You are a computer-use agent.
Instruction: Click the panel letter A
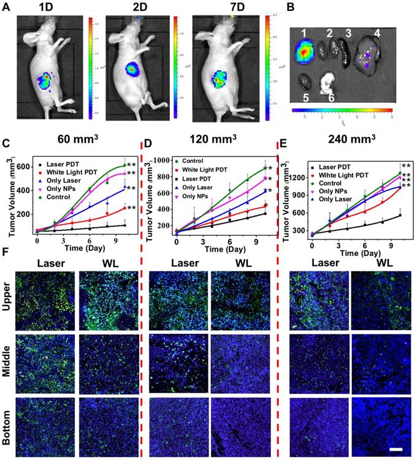point(6,7)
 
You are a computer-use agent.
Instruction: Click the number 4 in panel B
point(378,32)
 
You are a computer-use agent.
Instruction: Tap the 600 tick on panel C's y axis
point(28,167)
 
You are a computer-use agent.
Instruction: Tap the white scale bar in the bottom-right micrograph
point(394,450)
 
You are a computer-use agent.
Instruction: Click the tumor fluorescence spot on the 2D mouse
point(134,69)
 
